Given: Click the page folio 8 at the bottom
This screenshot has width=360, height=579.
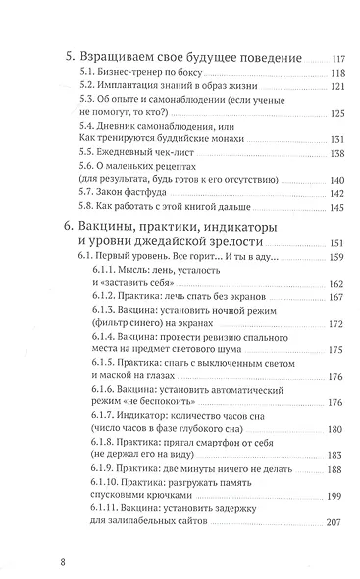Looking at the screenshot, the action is [x=35, y=563].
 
